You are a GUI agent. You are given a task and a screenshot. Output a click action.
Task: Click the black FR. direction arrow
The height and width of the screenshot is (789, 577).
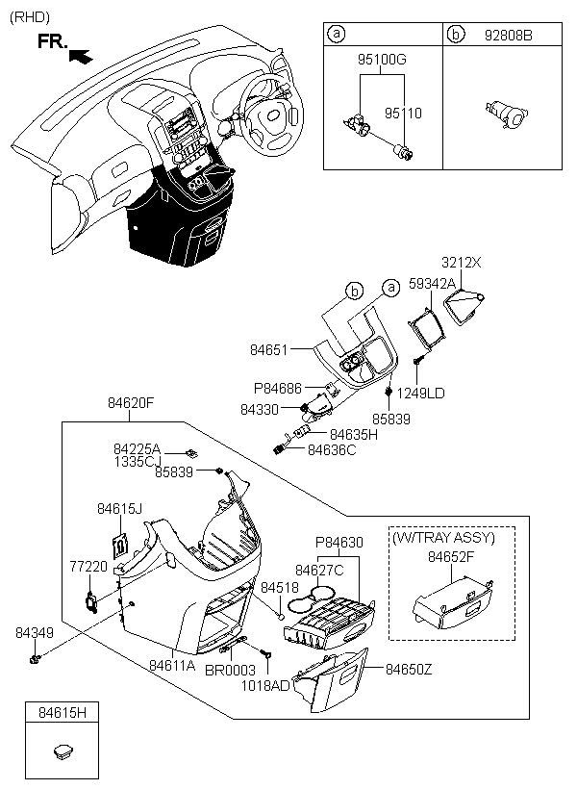[x=81, y=56]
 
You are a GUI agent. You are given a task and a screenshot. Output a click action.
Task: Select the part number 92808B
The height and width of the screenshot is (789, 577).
[x=508, y=36]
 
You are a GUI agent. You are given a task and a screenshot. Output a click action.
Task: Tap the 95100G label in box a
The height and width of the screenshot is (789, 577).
[x=382, y=60]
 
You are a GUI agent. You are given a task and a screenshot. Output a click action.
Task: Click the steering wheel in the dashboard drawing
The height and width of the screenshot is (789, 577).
[x=271, y=115]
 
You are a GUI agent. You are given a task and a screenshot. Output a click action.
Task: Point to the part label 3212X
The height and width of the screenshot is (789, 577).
[x=462, y=262]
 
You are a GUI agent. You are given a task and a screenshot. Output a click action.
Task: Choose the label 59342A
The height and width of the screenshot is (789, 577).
[x=432, y=284]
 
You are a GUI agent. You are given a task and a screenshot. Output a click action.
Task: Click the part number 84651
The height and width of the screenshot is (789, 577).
[x=268, y=349]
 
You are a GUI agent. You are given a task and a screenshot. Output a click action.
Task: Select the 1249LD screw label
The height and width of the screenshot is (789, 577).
[x=420, y=393]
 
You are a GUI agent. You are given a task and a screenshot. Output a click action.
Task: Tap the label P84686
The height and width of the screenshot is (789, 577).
[x=278, y=389]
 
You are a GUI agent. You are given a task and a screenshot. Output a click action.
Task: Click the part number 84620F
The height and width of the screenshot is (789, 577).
[x=130, y=403]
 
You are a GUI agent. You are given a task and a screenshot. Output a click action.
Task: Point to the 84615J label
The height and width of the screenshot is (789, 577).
[x=119, y=509]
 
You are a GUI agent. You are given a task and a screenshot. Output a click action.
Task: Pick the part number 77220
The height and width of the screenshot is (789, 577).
[x=88, y=567]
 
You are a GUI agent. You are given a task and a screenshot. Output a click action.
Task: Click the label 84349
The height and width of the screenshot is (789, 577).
[x=35, y=633]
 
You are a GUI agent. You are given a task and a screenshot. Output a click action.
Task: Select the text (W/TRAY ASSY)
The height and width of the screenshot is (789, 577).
[x=443, y=538]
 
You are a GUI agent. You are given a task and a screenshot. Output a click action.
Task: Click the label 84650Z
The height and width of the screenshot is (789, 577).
[x=409, y=670]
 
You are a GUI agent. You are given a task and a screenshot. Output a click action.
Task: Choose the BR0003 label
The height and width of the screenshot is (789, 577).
[x=230, y=671]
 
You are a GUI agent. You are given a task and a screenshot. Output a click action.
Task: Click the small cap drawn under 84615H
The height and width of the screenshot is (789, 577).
[x=63, y=751]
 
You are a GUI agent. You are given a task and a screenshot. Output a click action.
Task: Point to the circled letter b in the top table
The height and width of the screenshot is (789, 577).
[x=455, y=35]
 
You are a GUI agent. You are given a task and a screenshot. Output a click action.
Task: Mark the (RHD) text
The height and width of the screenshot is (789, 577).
[x=30, y=17]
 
